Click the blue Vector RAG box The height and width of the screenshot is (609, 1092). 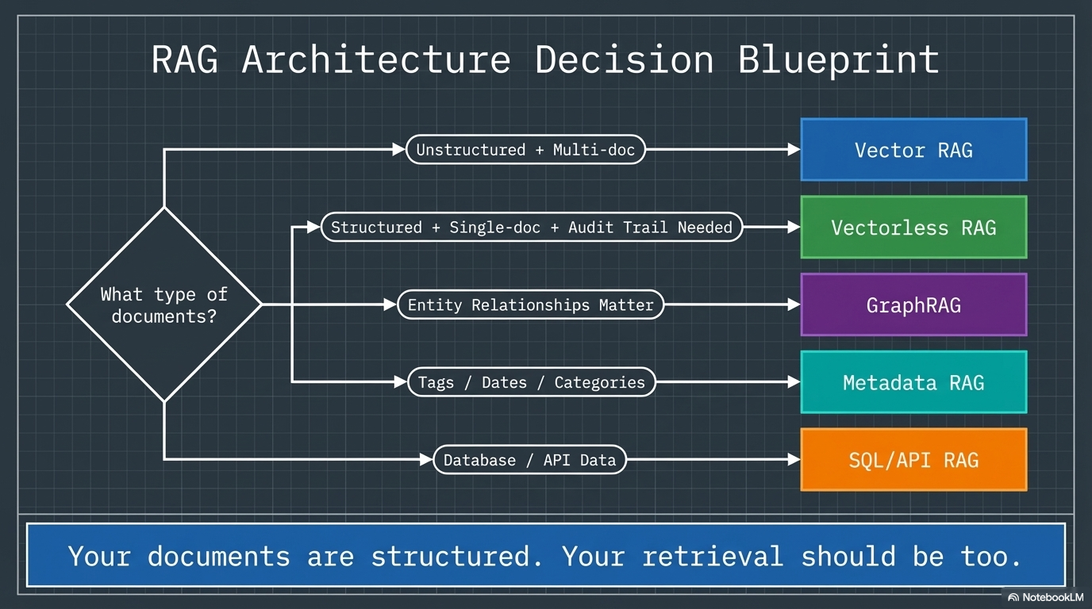point(913,150)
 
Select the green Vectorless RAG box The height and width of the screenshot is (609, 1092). point(913,228)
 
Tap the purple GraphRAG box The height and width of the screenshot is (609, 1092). point(913,304)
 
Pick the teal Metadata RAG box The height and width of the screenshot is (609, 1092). point(913,382)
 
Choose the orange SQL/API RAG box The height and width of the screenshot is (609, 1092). point(913,460)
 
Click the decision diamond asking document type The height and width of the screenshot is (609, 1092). point(164,304)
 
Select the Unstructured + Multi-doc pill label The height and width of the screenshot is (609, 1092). point(525,150)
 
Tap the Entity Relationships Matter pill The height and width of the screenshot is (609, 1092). point(530,304)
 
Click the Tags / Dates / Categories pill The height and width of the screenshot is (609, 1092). point(531,382)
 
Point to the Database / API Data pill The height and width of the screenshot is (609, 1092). point(529,460)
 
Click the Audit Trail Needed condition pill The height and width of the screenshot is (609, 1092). point(532,228)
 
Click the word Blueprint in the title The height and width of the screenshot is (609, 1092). point(838,60)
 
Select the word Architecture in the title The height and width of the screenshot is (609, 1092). point(375,60)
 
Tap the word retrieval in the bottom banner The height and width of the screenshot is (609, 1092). point(712,556)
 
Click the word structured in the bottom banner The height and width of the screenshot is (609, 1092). point(456,556)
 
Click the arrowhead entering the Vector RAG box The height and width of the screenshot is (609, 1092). point(794,150)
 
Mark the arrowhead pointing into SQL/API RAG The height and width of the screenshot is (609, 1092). point(794,460)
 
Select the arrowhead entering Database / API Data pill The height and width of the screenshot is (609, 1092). point(426,460)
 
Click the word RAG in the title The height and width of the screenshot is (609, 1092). point(184,60)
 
